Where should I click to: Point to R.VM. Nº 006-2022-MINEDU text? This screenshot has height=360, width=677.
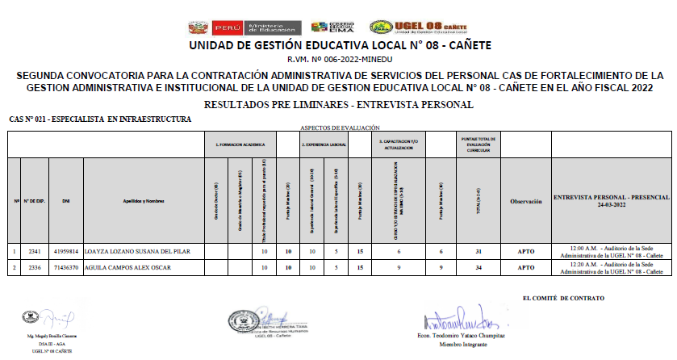point(338,59)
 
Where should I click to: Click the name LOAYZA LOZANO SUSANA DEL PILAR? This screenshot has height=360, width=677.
point(137,252)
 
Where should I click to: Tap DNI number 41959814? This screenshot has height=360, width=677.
point(66,252)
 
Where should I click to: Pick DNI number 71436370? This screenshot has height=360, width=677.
point(66,267)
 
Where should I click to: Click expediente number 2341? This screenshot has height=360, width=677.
point(35,252)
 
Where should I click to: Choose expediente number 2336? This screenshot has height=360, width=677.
point(35,267)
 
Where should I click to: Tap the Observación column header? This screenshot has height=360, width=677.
point(525,201)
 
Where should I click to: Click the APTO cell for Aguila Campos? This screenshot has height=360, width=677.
point(525,267)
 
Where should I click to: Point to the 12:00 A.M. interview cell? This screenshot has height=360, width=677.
point(611,252)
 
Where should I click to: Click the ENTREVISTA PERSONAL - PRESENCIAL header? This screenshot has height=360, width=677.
point(611,200)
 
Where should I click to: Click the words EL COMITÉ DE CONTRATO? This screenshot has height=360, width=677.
point(563,299)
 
